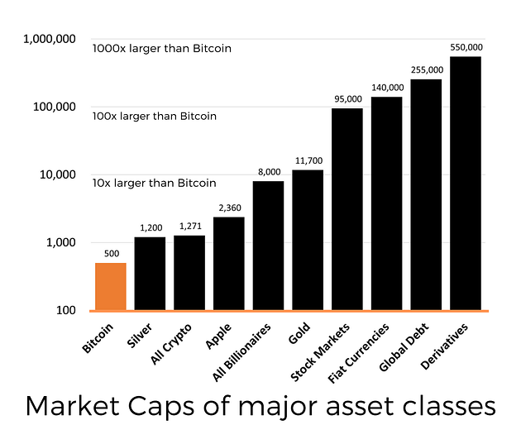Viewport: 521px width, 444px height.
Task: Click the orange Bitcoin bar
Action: click(111, 286)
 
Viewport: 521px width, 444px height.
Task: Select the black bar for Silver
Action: click(150, 274)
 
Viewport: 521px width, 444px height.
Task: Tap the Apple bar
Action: click(229, 264)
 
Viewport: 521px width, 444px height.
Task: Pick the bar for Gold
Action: click(308, 240)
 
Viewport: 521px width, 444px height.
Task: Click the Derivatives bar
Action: click(466, 184)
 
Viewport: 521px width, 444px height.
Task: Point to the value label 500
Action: click(112, 254)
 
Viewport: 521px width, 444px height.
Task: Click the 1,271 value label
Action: click(190, 227)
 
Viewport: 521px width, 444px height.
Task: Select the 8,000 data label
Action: click(270, 172)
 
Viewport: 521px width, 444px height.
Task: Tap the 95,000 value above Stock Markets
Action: click(348, 99)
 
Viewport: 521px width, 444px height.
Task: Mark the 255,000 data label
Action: click(427, 69)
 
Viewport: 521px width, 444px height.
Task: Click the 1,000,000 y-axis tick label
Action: click(50, 39)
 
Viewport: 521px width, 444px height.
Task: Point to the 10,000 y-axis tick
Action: click(58, 174)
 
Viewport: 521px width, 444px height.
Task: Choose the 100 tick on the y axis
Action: click(66, 310)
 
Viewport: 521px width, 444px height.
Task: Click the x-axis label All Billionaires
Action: click(241, 352)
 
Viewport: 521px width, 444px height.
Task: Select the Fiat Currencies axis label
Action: click(358, 353)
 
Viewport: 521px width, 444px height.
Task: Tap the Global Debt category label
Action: click(404, 346)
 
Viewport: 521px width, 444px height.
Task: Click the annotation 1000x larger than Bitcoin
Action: click(162, 49)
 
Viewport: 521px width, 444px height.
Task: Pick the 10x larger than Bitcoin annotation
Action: click(154, 183)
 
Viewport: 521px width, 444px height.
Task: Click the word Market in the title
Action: click(73, 406)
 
